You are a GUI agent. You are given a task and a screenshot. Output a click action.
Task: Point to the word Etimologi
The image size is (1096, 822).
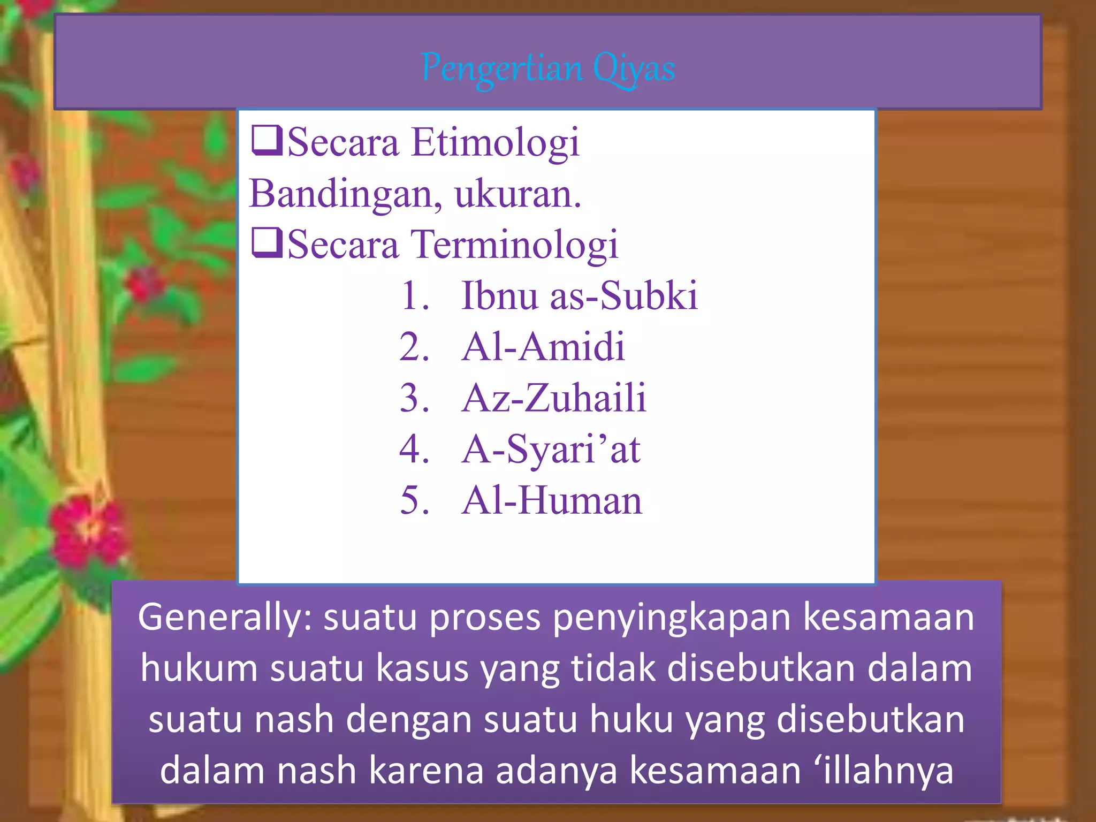pyautogui.click(x=495, y=143)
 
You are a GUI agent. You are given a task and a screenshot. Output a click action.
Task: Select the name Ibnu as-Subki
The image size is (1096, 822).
pyautogui.click(x=580, y=295)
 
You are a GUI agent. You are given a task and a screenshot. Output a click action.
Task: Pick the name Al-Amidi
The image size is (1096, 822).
pyautogui.click(x=543, y=347)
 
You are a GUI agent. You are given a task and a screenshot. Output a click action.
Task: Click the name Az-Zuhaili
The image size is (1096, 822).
pyautogui.click(x=554, y=398)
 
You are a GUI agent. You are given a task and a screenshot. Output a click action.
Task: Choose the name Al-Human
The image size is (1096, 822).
pyautogui.click(x=552, y=501)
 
